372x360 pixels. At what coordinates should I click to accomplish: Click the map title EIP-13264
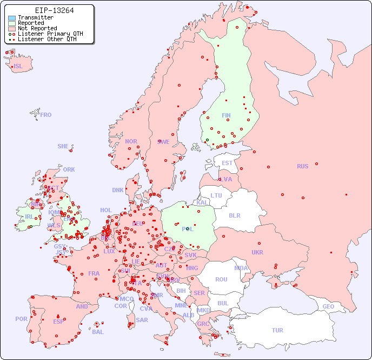tap(54, 10)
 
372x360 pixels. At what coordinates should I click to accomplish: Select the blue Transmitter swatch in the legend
tap(12, 18)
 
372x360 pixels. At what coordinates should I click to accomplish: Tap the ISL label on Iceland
tap(18, 67)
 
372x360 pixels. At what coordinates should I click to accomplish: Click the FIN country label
tap(226, 115)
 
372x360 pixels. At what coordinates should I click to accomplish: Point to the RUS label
tap(302, 166)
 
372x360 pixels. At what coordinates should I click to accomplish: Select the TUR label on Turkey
tap(277, 330)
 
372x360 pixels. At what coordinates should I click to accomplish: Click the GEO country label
tap(328, 306)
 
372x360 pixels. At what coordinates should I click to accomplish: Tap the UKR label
tap(257, 252)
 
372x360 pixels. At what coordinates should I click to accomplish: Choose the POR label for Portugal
tap(21, 319)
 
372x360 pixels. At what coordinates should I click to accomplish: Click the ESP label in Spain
tap(58, 321)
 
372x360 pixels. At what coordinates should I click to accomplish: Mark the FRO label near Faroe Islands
tap(46, 115)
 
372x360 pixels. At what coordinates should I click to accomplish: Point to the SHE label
tap(63, 146)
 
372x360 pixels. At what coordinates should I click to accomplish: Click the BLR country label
tap(235, 215)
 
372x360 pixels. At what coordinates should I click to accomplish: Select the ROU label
tap(221, 279)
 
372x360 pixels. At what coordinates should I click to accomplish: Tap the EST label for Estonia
tap(227, 163)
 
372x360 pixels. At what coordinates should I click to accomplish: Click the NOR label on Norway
tap(131, 141)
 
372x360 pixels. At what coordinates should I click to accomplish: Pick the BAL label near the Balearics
tap(98, 332)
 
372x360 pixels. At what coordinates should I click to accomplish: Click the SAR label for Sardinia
tap(142, 320)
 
